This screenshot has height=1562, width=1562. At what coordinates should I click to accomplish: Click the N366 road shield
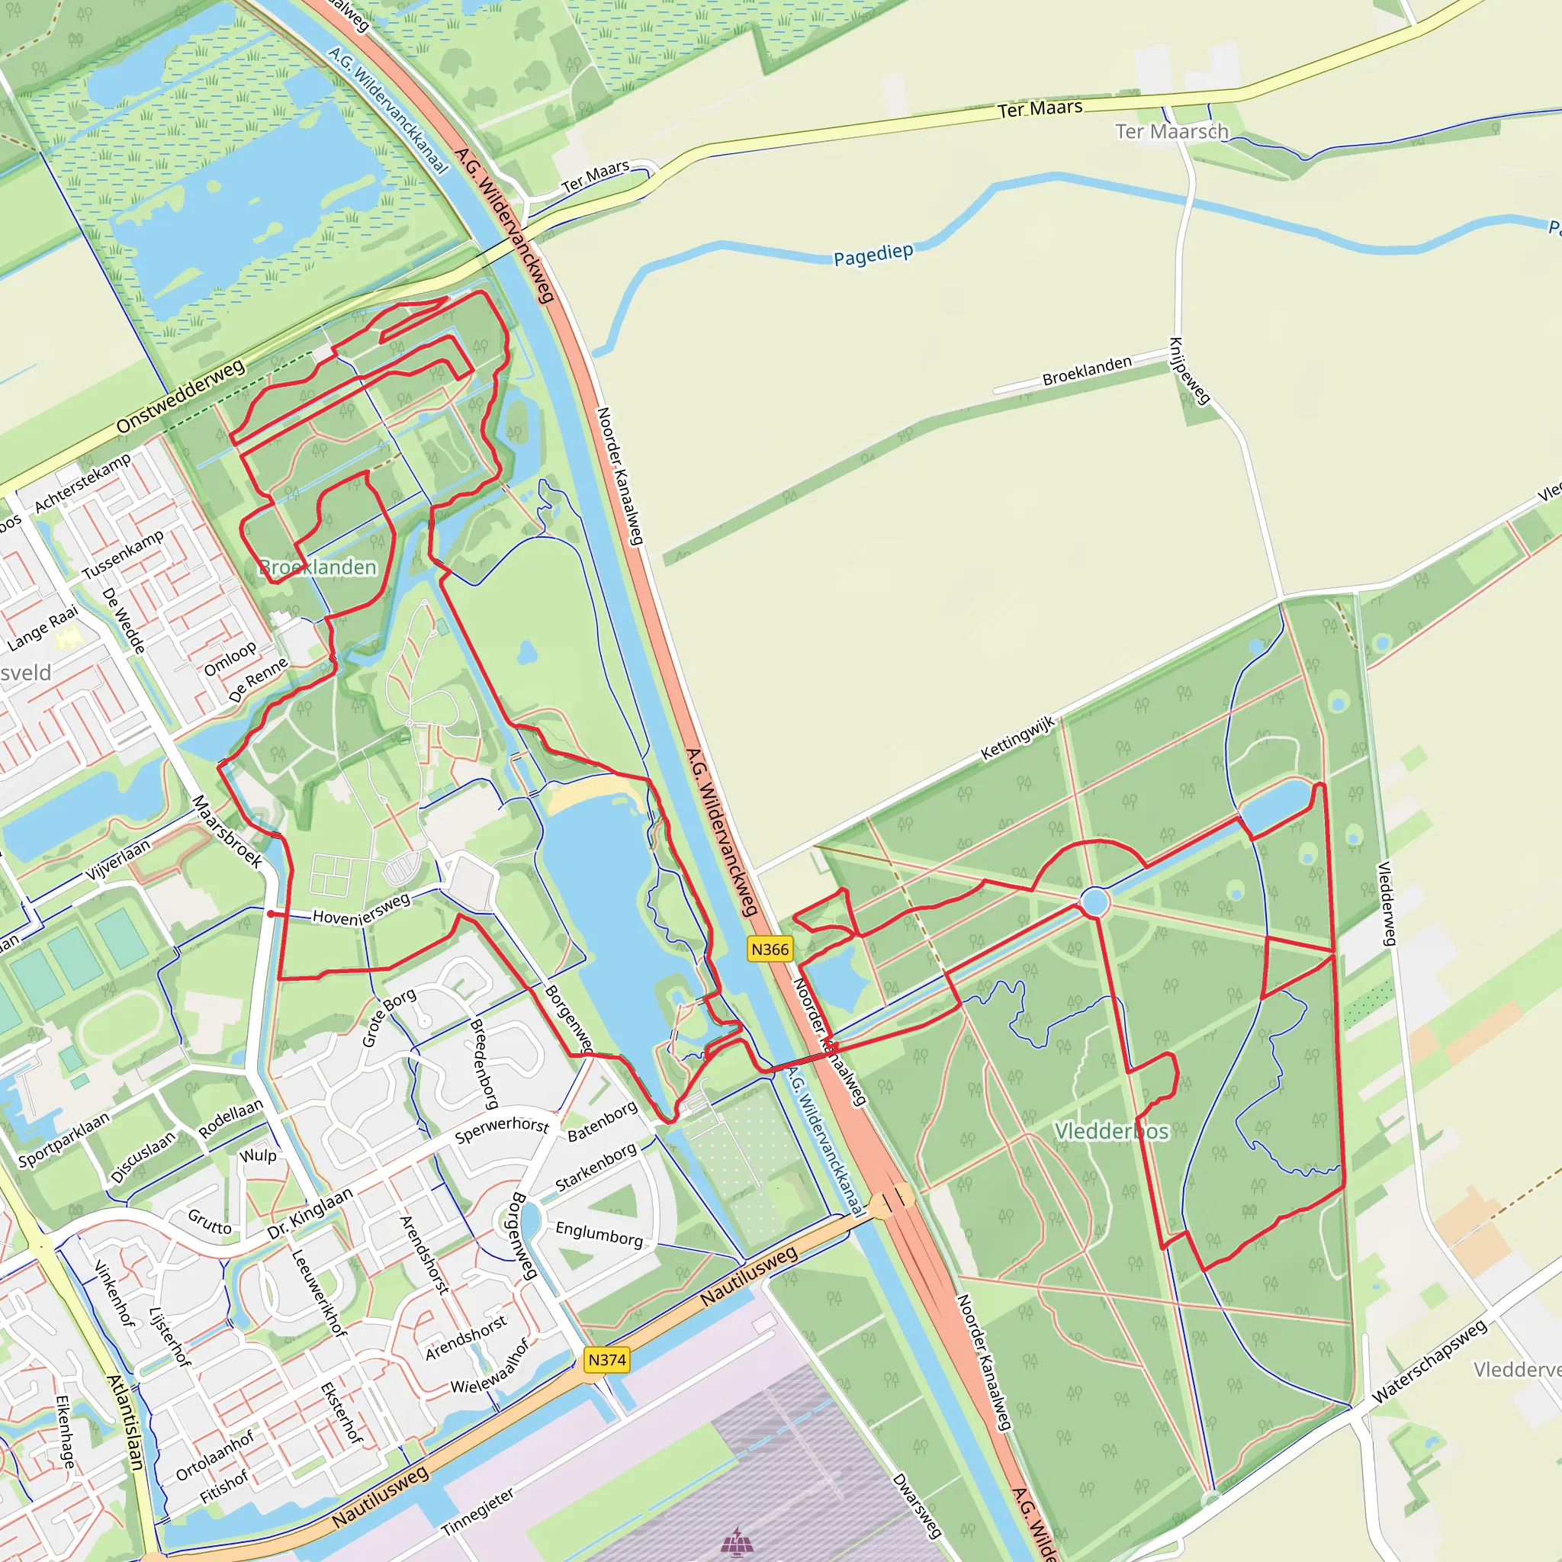click(769, 949)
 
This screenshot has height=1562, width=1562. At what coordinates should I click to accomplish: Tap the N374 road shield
click(606, 1360)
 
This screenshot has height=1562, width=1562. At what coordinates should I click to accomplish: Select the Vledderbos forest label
click(1112, 1131)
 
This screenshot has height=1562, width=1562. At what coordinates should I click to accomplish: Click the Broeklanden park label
click(318, 567)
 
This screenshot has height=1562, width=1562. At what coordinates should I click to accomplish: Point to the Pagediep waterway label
click(873, 256)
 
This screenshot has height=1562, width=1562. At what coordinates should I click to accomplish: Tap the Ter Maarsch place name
click(1171, 131)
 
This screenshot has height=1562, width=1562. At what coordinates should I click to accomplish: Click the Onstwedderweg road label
click(180, 397)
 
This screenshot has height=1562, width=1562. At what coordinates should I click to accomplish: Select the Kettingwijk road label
click(1018, 738)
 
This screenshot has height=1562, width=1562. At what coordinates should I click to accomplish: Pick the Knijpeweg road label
click(1189, 370)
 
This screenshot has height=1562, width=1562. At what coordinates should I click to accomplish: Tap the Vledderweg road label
click(1387, 904)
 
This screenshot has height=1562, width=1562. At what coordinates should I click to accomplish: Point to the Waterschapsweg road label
click(1429, 1361)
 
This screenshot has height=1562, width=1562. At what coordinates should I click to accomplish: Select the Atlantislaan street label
click(126, 1423)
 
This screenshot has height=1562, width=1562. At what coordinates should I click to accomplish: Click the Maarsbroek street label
click(227, 831)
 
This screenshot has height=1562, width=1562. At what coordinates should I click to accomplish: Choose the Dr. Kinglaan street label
click(310, 1213)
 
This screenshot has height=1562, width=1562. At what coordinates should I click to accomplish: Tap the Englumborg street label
click(599, 1235)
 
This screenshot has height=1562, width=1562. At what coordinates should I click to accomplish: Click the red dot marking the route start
click(271, 914)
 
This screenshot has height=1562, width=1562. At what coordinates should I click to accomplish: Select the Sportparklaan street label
click(63, 1141)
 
